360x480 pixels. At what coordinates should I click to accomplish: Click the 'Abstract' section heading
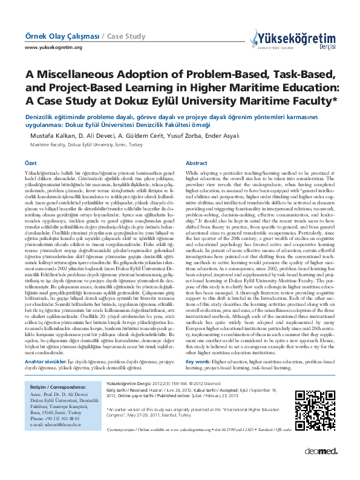point(197,163)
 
